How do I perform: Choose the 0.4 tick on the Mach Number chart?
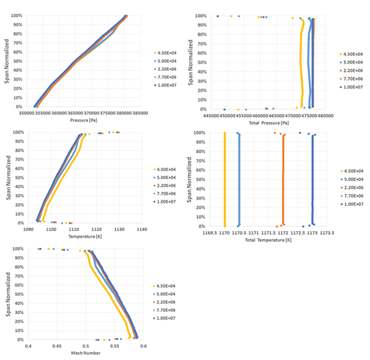[x=28, y=346]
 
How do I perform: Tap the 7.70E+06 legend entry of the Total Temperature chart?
[x=353, y=196]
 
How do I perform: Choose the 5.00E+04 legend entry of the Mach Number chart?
[x=167, y=294]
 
